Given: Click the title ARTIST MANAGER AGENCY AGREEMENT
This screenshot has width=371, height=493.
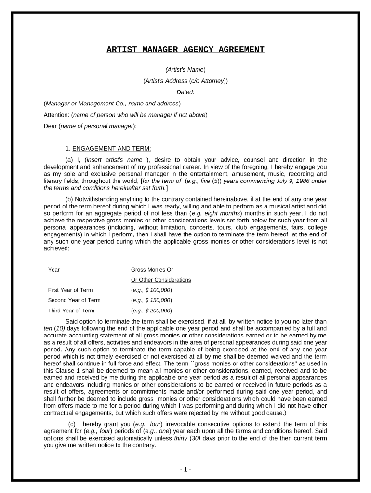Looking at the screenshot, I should (x=185, y=50).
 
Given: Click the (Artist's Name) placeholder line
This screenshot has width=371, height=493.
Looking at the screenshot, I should (x=185, y=70).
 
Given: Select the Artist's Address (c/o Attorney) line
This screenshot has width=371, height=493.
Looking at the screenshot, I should (x=185, y=81).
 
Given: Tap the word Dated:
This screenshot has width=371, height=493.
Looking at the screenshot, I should (x=185, y=92).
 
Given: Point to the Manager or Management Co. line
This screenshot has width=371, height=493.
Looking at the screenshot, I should (x=112, y=104).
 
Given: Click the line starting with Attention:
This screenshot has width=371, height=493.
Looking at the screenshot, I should (x=126, y=115).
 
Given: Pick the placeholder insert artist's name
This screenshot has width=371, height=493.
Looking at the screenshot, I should (x=121, y=160).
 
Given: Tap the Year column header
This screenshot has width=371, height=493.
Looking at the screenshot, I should (x=54, y=270).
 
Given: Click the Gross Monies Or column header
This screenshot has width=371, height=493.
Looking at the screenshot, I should (x=152, y=270).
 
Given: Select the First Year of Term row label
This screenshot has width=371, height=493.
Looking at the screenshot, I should (x=70, y=290).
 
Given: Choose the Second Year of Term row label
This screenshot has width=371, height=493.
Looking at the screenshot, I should (x=74, y=300).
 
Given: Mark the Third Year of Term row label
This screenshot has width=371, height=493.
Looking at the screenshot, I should (x=71, y=311).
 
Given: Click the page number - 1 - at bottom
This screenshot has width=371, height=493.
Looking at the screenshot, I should (x=185, y=469).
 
